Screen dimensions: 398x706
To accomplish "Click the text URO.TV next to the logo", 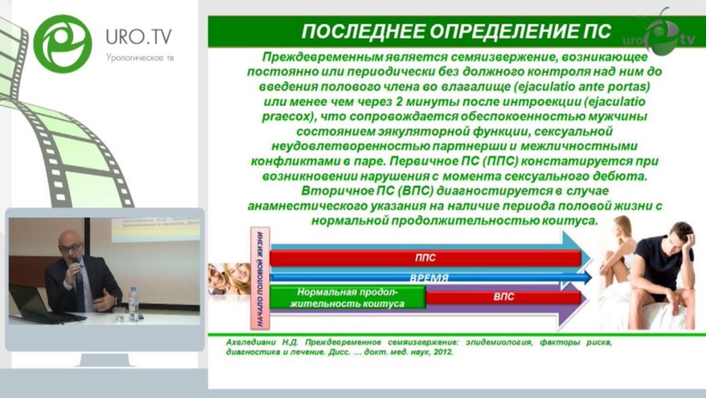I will (138, 37).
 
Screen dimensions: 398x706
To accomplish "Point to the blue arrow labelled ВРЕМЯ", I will (430, 277).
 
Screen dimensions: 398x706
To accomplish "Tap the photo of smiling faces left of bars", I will (228, 278).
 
